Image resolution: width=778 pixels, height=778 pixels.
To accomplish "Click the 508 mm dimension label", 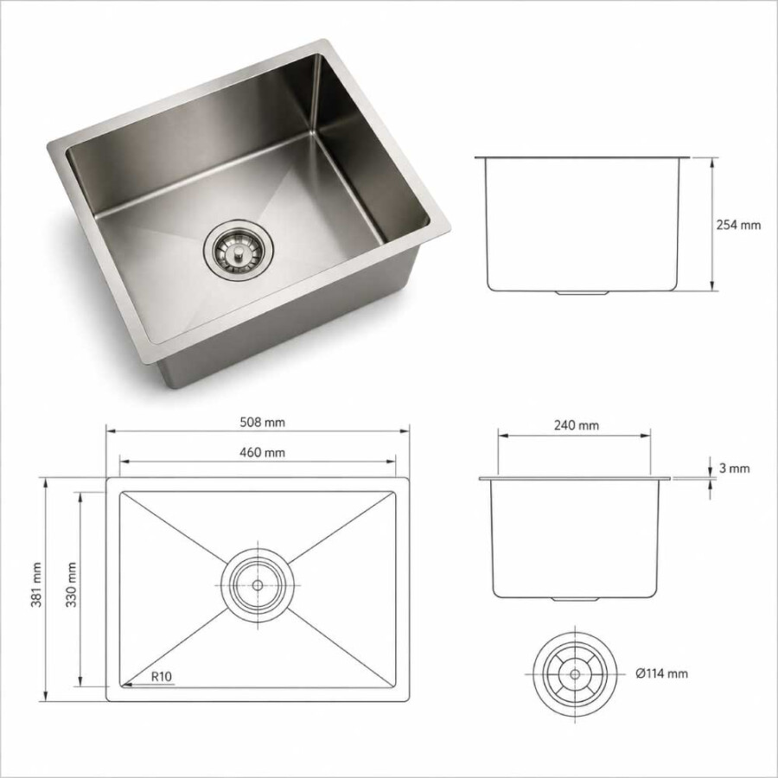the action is coord(263,422).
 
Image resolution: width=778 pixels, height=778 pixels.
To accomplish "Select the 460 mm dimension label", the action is coord(263,452).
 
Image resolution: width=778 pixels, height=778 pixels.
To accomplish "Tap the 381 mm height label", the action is coord(36,585).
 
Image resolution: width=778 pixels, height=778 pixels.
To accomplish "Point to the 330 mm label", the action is coord(71,585).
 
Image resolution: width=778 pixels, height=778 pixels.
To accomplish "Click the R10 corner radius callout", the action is coord(162,676).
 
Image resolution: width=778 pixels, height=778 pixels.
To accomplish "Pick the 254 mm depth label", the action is coord(738,225).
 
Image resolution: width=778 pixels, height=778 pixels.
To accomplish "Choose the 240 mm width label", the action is coord(576,425).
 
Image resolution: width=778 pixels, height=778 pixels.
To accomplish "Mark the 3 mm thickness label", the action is coord(734,469).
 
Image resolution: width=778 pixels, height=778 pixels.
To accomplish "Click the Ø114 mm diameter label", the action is coord(662,673).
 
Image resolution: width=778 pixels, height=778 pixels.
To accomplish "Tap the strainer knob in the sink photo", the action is coord(239,253).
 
